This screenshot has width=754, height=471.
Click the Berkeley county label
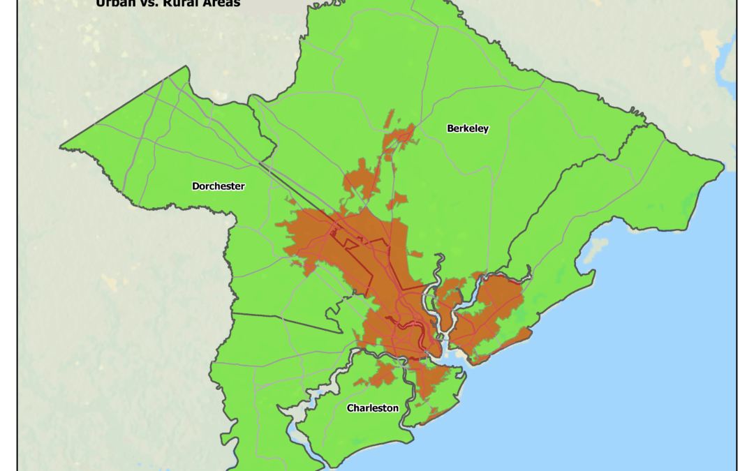click(x=468, y=128)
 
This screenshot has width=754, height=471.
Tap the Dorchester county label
click(x=219, y=186)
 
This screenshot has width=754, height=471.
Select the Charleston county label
click(x=373, y=408)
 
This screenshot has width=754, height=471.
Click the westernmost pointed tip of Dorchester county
click(x=61, y=147)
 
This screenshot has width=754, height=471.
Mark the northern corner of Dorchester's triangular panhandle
click(x=186, y=67)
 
